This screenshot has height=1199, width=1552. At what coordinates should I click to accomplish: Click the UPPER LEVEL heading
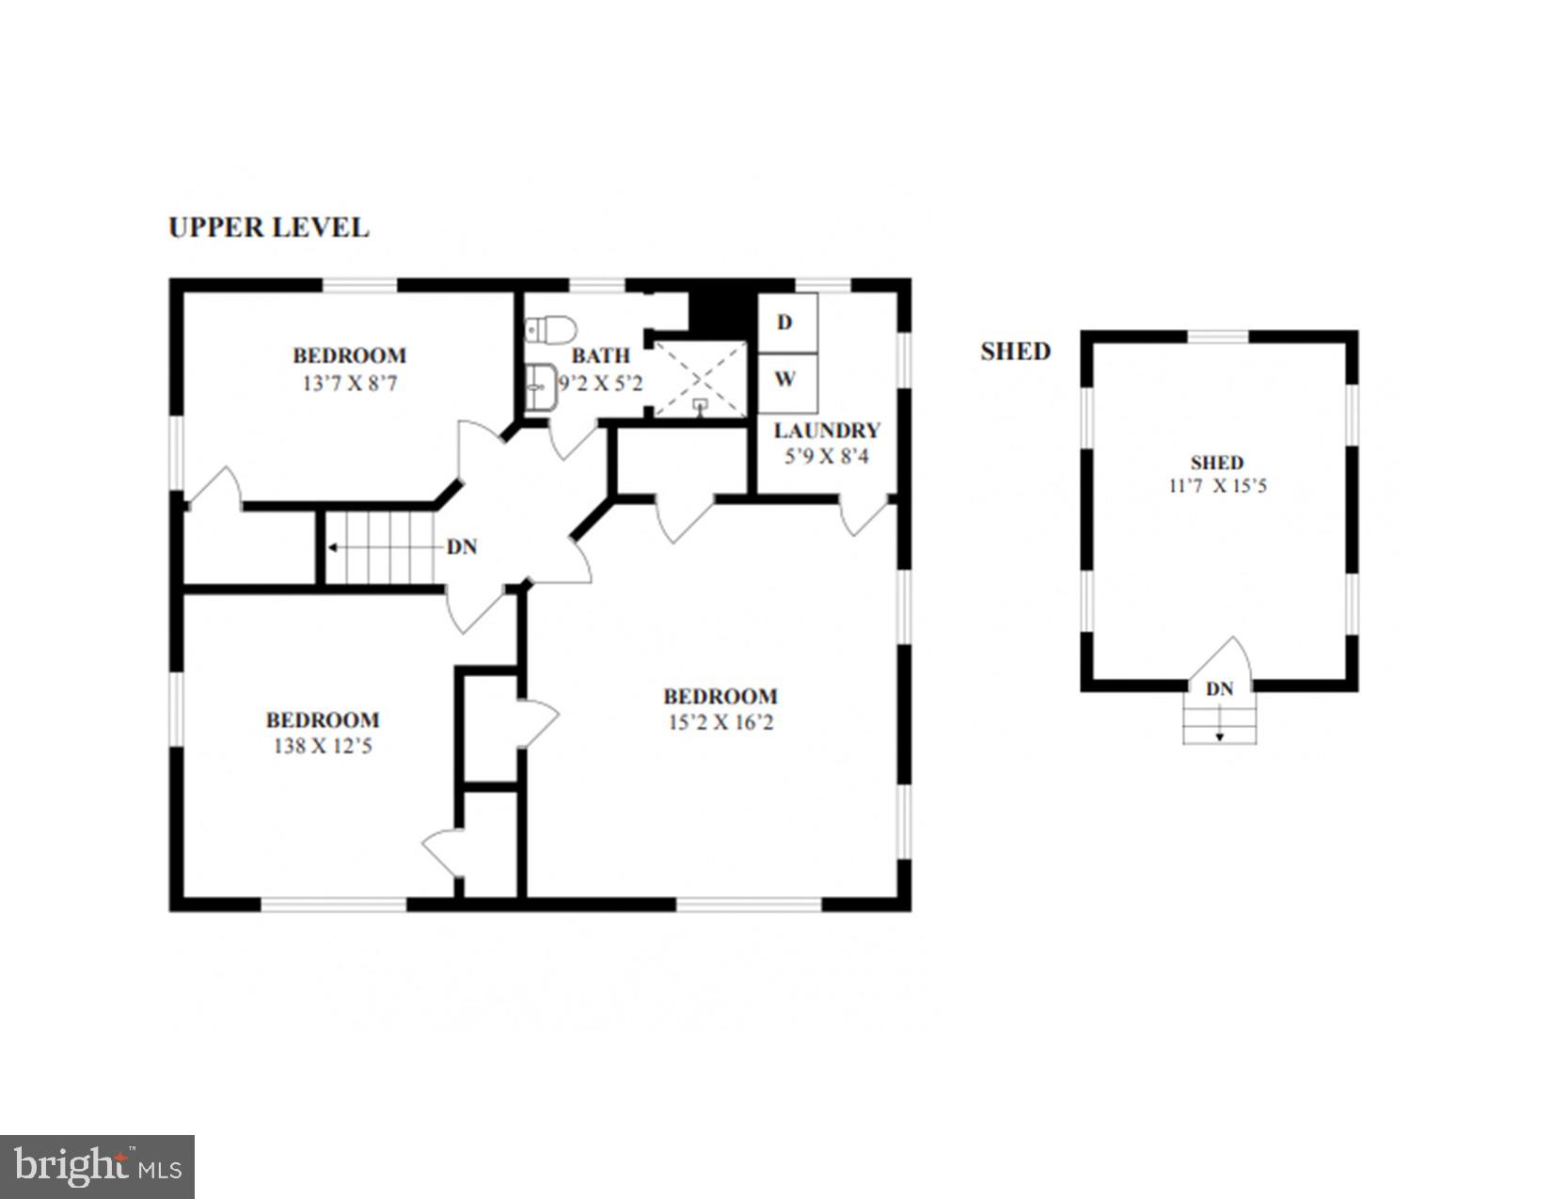268,228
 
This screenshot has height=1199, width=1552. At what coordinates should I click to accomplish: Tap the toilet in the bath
551,330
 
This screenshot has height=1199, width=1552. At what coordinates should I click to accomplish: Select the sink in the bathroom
541,387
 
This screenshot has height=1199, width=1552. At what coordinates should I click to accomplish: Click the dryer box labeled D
786,323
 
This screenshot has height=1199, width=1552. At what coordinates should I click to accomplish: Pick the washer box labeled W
786,381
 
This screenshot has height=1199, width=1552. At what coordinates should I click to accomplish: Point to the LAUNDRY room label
827,431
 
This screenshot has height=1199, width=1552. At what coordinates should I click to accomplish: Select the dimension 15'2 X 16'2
721,723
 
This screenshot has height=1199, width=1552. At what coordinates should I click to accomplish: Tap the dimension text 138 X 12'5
323,747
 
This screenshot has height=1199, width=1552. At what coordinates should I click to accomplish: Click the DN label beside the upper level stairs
462,546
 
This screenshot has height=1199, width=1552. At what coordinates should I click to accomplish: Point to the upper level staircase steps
380,547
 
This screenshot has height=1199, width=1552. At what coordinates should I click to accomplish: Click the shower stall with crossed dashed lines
699,379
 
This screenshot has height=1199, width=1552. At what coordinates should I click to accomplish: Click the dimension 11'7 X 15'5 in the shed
1217,486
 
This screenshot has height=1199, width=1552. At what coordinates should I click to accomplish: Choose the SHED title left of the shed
1015,352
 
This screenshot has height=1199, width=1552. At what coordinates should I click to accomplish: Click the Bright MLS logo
97,1166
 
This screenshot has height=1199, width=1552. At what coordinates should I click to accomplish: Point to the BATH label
601,356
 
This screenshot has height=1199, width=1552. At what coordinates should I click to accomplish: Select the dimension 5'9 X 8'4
827,457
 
